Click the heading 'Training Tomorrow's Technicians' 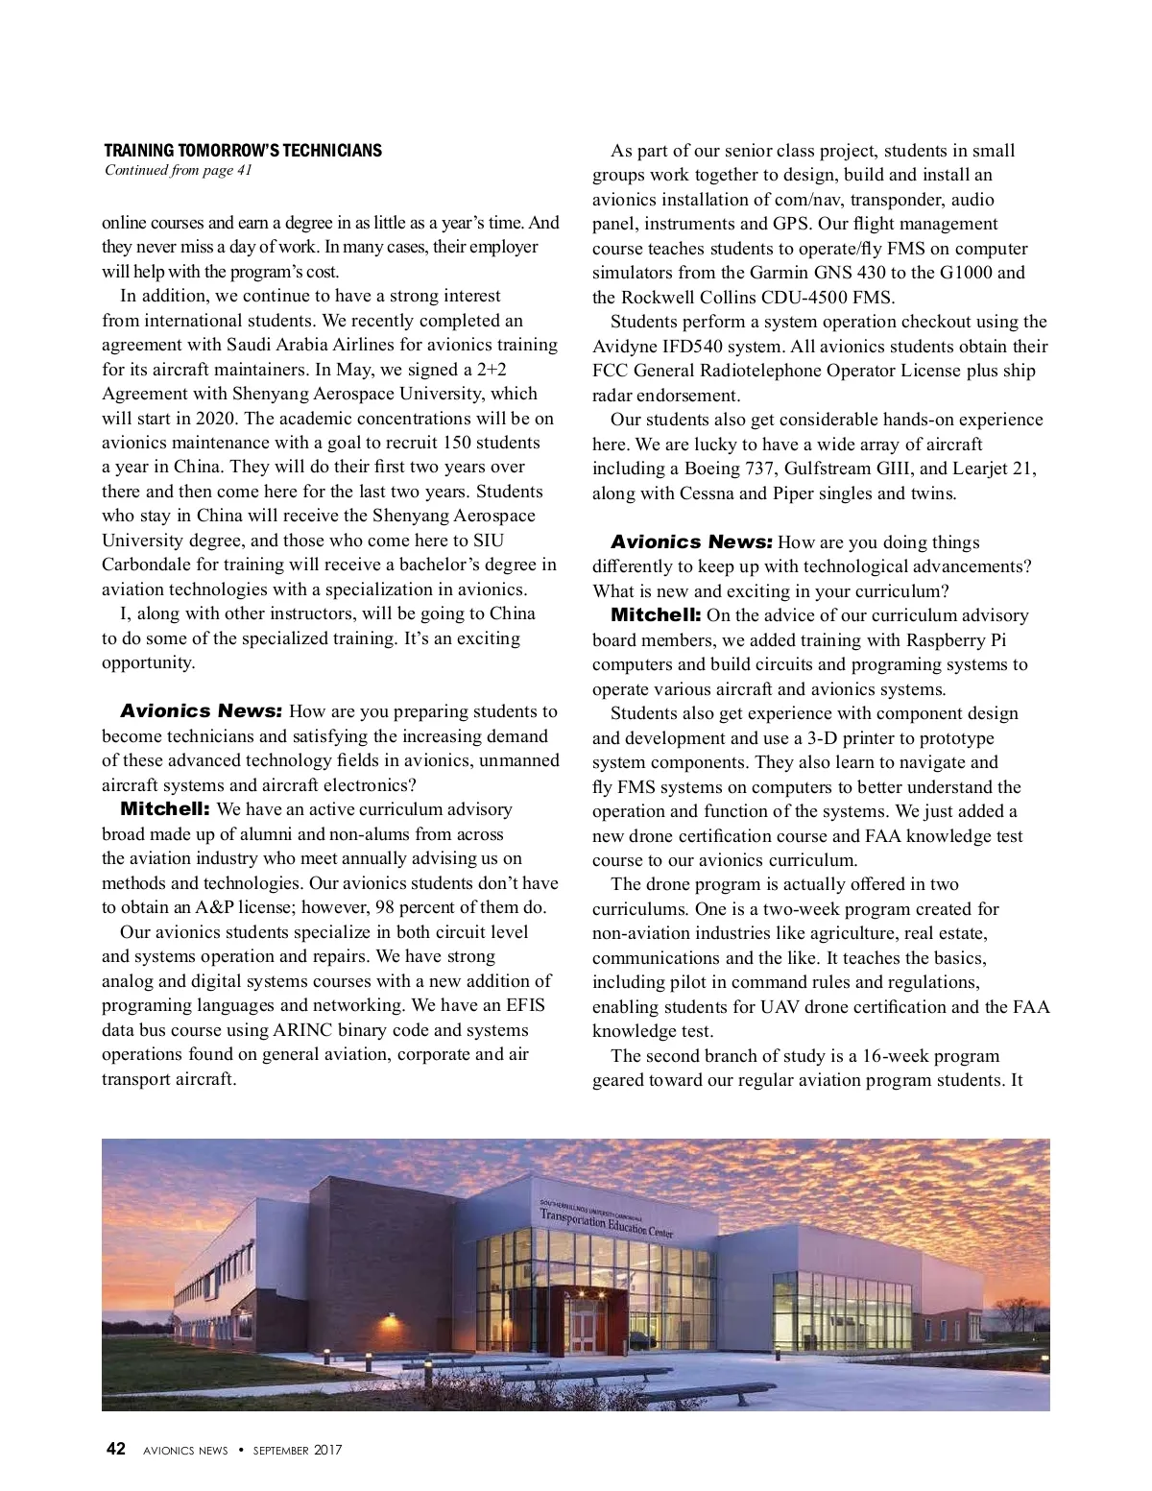click(x=242, y=151)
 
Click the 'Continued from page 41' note click(x=177, y=171)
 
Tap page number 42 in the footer click(x=115, y=1450)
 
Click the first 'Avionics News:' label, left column click(x=201, y=711)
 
